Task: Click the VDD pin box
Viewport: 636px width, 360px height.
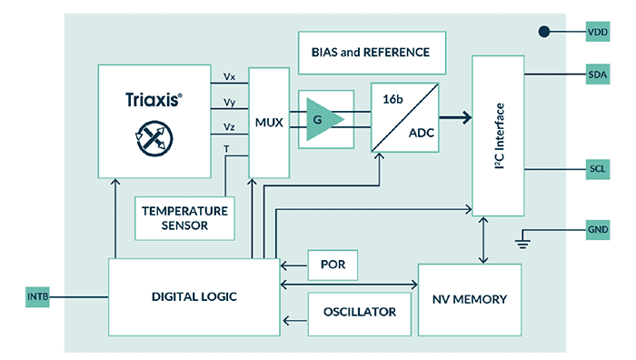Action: coord(600,32)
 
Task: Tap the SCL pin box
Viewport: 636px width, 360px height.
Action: coord(600,170)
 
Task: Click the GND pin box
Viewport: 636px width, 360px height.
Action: coord(600,229)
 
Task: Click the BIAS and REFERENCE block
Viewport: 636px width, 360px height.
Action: coord(373,52)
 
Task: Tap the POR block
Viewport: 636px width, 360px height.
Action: coord(333,265)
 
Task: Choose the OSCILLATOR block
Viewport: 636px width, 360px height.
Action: coord(359,312)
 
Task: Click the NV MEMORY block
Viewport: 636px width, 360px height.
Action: coord(469,299)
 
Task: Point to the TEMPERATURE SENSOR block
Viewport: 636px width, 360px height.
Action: coord(184,217)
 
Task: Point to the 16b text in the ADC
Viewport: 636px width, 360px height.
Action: coord(394,98)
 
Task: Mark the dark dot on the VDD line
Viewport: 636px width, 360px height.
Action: coord(544,32)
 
